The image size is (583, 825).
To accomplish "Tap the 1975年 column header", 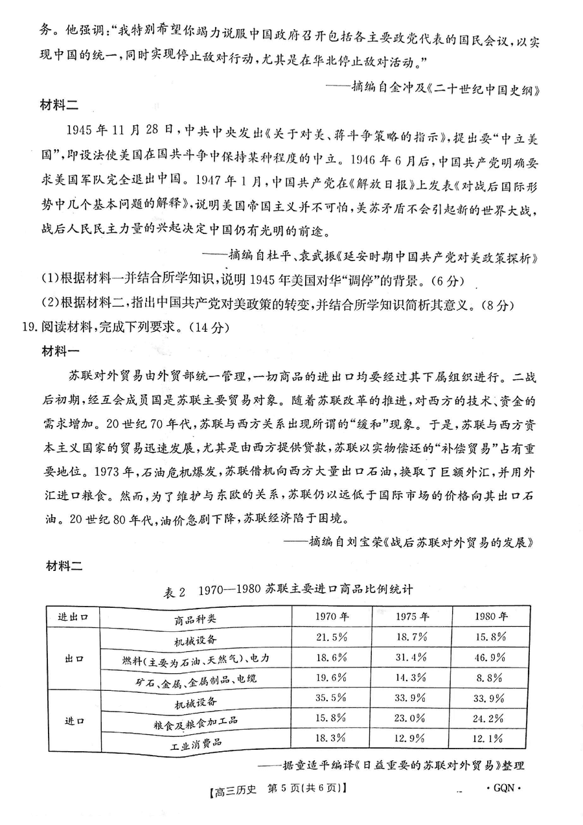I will pos(412,616).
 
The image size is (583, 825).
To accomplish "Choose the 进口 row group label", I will pos(73,721).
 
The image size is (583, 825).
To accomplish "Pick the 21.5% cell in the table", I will pos(331,638).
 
